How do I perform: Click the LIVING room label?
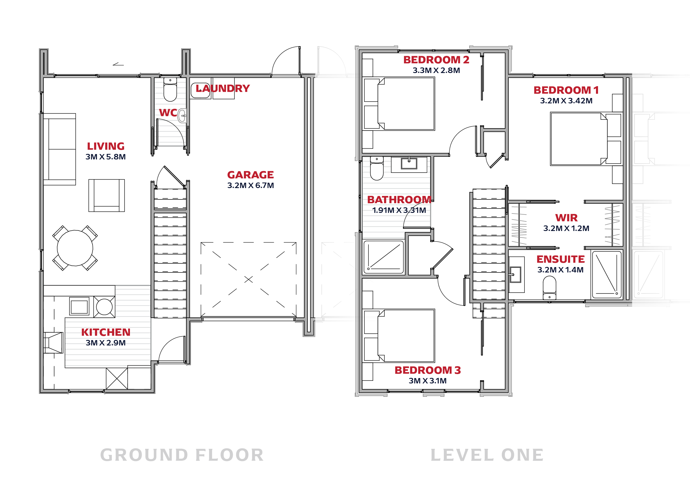(x=106, y=146)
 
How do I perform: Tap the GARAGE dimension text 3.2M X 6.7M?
(x=251, y=185)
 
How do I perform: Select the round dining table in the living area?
(x=75, y=248)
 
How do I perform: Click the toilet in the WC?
(x=170, y=89)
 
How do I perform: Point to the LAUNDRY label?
(x=223, y=88)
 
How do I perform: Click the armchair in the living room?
(x=106, y=195)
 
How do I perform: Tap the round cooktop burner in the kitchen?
(x=104, y=307)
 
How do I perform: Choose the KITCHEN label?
(x=106, y=332)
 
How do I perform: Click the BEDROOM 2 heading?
(x=436, y=60)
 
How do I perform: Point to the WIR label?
(x=566, y=218)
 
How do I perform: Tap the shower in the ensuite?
(x=607, y=274)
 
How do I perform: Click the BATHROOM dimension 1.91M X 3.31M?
(x=399, y=210)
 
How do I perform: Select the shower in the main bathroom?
(x=383, y=257)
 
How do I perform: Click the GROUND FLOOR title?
(x=182, y=455)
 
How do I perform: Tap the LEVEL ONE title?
(x=487, y=455)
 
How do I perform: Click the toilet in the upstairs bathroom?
(x=377, y=168)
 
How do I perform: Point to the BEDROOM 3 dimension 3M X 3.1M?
(x=428, y=381)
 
